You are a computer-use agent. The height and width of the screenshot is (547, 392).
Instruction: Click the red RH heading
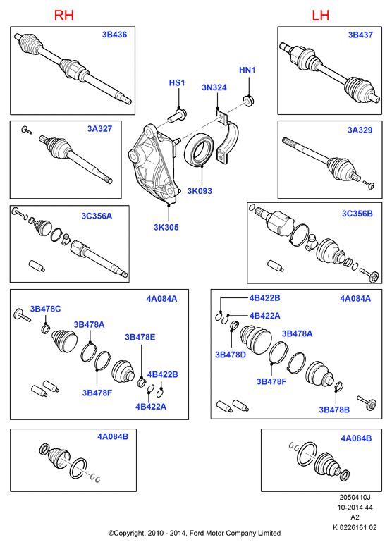pyautogui.click(x=64, y=16)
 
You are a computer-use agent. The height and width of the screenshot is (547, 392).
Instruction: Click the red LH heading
pyautogui.click(x=321, y=16)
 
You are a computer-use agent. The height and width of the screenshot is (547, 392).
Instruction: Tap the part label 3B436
pyautogui.click(x=114, y=35)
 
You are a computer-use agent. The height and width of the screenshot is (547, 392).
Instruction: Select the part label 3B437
pyautogui.click(x=360, y=35)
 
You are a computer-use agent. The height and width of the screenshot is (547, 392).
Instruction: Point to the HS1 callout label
pyautogui.click(x=177, y=82)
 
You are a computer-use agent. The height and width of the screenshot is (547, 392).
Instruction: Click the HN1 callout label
pyautogui.click(x=247, y=70)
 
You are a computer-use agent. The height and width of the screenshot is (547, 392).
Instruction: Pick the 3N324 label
pyautogui.click(x=214, y=87)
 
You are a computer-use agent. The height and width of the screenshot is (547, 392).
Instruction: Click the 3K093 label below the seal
pyautogui.click(x=200, y=191)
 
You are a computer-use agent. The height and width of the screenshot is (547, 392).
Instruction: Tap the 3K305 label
pyautogui.click(x=166, y=228)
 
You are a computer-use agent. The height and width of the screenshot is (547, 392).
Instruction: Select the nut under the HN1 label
pyautogui.click(x=249, y=102)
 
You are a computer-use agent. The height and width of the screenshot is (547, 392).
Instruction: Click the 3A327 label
pyautogui.click(x=100, y=129)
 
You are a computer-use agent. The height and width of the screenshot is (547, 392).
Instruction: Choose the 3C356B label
pyautogui.click(x=357, y=214)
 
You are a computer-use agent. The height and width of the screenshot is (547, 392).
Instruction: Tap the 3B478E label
pyautogui.click(x=140, y=337)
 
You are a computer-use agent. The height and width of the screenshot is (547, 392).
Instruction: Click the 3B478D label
pyautogui.click(x=231, y=355)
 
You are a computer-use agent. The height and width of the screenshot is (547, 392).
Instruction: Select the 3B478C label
pyautogui.click(x=45, y=309)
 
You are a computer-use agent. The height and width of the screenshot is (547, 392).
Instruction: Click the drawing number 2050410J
pyautogui.click(x=355, y=497)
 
